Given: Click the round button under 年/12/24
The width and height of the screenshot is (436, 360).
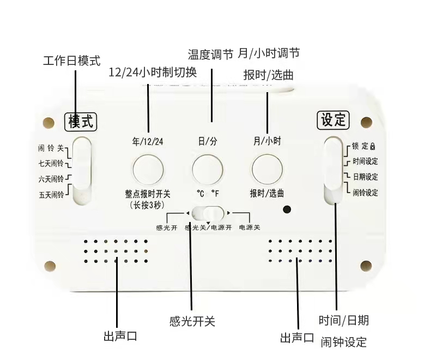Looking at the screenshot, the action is pos(148,170).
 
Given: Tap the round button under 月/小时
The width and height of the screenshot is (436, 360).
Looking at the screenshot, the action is pos(267,170).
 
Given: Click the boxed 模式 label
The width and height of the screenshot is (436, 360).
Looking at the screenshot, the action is pos(81,122).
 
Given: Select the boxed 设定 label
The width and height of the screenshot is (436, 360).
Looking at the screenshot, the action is pos(333,120).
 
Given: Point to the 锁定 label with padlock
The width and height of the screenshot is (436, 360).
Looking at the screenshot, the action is pos(364,146).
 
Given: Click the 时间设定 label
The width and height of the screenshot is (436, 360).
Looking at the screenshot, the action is pos(365,161).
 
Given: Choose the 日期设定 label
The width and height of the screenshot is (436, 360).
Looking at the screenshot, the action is pos(365,177).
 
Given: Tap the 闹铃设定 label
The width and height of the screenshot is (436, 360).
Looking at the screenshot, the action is pos(365,193).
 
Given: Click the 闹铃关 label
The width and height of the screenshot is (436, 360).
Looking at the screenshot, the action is pos(51,148).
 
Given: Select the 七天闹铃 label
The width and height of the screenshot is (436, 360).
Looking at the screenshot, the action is pos(51,163).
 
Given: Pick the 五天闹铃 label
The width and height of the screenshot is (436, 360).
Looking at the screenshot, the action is pos(51,195).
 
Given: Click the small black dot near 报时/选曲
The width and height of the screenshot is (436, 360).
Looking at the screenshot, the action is pos(287,209).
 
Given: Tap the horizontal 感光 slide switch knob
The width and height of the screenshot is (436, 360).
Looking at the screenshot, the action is pos(214,213).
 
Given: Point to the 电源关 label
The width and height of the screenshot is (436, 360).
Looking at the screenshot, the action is pos(250,227).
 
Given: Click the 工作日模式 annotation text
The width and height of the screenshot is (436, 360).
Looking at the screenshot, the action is pos(72,61).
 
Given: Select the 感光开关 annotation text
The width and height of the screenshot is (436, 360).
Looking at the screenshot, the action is pos(192,321).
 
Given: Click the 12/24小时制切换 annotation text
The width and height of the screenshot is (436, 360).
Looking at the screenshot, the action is pos(153,73).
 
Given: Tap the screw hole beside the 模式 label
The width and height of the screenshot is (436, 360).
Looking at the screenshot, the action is pos(49,123).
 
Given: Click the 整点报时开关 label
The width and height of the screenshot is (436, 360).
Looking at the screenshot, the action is pos(148,194).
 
